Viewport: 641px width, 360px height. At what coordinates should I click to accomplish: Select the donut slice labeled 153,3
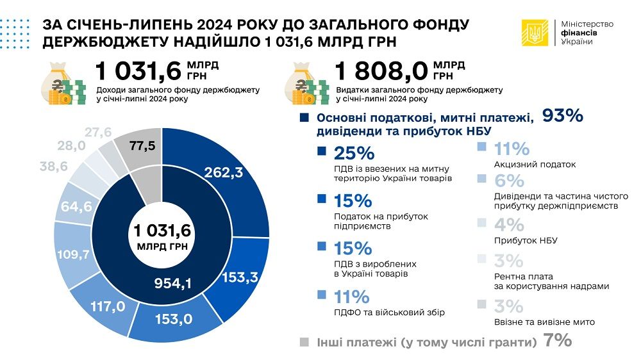tap(240, 277)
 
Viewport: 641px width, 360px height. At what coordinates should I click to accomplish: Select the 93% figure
tap(562, 116)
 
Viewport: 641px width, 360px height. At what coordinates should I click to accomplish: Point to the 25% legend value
tap(353, 154)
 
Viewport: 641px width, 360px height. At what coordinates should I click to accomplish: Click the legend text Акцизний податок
tap(535, 165)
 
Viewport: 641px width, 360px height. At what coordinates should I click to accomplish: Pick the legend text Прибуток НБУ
tap(526, 240)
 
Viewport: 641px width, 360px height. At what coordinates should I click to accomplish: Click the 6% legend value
tap(509, 181)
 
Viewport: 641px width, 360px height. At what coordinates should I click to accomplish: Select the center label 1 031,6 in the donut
tap(163, 230)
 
